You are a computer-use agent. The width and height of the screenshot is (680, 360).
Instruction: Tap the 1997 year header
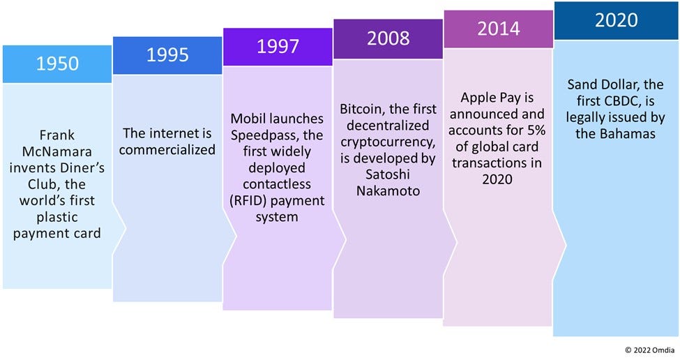pyautogui.click(x=278, y=47)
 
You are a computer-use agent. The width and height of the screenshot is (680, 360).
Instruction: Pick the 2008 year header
pyautogui.click(x=388, y=38)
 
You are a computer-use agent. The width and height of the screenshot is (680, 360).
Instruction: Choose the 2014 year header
pyautogui.click(x=498, y=29)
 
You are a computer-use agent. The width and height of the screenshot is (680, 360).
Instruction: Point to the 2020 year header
pyautogui.click(x=616, y=20)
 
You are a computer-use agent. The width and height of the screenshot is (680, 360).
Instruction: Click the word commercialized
pyautogui.click(x=167, y=149)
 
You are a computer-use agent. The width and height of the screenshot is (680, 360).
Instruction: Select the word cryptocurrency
pyautogui.click(x=389, y=143)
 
